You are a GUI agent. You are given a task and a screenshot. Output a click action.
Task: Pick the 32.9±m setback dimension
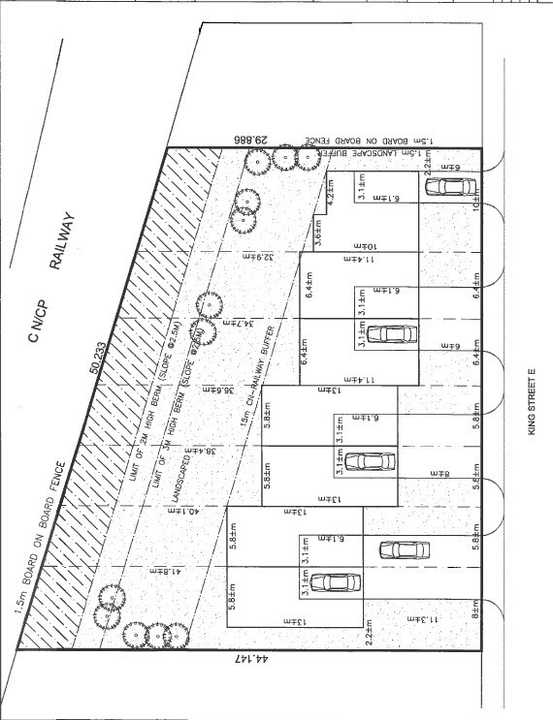(x=246, y=256)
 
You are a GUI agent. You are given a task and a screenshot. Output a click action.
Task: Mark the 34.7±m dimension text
(x=225, y=320)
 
